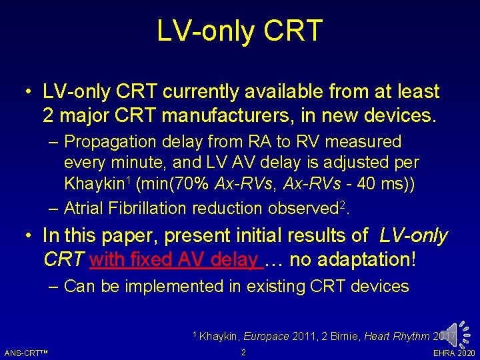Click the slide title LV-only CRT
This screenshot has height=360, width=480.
pos(240,31)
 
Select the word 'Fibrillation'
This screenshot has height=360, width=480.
pos(145,209)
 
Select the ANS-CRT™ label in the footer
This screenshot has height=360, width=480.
pos(29,353)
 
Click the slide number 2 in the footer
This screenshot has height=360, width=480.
pos(243,352)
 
